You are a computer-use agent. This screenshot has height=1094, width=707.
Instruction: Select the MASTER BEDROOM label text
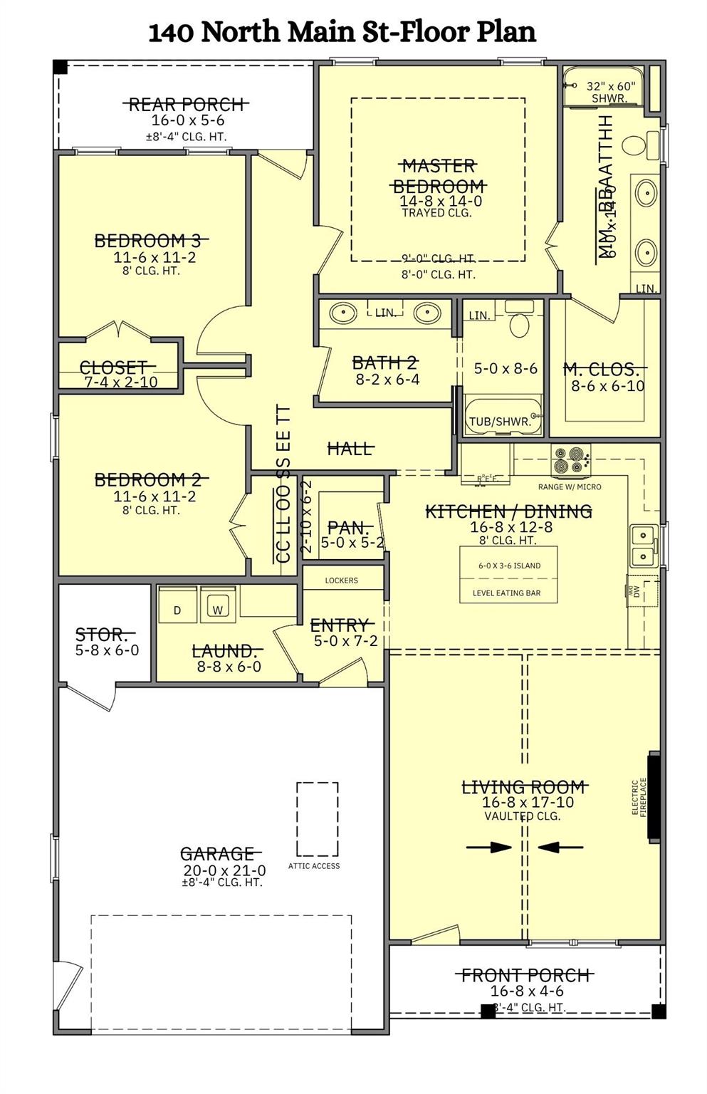(439, 176)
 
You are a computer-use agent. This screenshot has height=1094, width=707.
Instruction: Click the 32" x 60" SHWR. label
(610, 92)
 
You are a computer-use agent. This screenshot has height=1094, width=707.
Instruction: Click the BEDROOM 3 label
(152, 241)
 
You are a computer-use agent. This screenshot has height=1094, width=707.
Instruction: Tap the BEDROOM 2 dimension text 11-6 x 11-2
(155, 496)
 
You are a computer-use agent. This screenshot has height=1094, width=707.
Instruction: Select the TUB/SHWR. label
(500, 422)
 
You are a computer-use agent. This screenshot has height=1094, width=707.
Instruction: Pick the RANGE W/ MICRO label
(570, 487)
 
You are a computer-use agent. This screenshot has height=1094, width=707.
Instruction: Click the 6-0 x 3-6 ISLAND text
(509, 566)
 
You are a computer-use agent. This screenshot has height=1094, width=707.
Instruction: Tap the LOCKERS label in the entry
(342, 580)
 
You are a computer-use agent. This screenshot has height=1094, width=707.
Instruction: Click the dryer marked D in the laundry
(177, 610)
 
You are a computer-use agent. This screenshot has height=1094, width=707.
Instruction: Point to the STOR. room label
(102, 634)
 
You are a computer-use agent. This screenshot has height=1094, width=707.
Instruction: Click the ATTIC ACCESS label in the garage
(314, 866)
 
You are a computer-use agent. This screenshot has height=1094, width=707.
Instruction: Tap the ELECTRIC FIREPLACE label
(639, 797)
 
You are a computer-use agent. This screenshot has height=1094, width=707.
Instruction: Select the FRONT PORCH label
(526, 975)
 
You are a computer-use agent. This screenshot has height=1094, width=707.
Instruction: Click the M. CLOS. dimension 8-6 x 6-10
(607, 386)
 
